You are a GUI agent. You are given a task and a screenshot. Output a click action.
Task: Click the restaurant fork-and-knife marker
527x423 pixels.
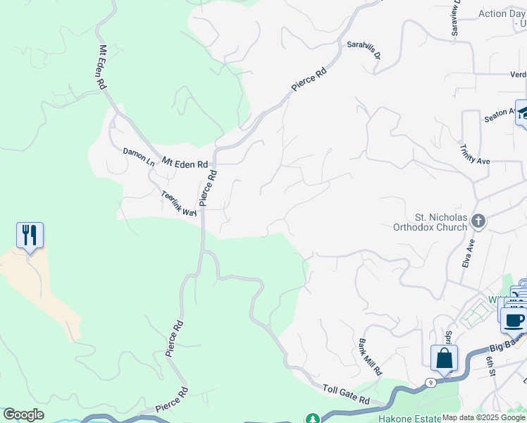(x=30, y=235)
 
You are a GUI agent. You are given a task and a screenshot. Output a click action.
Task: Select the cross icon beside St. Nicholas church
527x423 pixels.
(x=478, y=221)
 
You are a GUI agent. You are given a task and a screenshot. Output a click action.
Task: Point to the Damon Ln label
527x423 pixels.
(x=138, y=157)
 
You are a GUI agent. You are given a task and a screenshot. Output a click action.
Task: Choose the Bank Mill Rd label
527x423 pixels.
(x=370, y=356)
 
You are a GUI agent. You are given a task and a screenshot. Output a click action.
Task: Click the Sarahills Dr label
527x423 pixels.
(x=364, y=49)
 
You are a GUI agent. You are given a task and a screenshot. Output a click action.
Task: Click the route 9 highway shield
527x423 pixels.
(x=429, y=383)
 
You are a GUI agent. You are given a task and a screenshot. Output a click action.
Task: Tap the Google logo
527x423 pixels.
(x=23, y=415)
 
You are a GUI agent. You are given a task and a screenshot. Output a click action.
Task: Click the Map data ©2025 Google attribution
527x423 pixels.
(x=483, y=417)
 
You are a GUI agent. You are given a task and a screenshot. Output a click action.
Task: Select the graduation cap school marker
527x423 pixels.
(x=522, y=112)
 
